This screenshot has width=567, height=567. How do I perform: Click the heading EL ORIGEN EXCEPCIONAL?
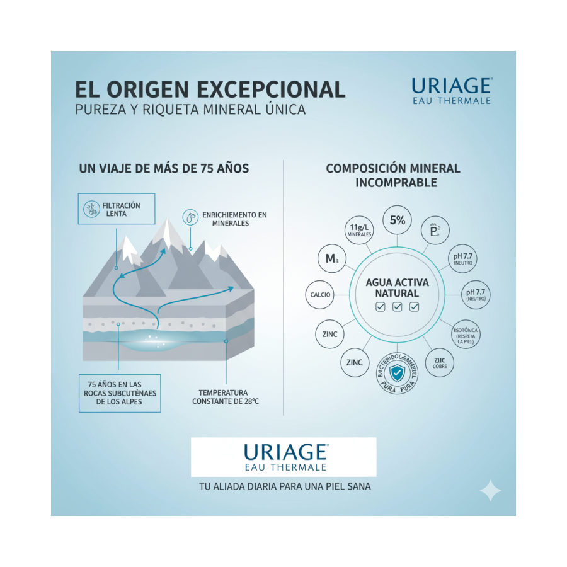(210, 89)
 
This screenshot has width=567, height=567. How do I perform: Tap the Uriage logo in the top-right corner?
(451, 91)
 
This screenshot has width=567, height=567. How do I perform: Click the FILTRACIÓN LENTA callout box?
(117, 209)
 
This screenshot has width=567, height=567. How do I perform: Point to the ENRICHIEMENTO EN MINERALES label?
(234, 219)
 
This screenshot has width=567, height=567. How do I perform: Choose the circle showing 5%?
(397, 220)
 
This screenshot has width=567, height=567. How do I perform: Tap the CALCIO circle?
(321, 295)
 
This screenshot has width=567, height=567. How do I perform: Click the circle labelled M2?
(331, 258)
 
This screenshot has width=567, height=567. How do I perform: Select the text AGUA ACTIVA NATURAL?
(397, 288)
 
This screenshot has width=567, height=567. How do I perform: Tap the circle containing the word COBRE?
(439, 363)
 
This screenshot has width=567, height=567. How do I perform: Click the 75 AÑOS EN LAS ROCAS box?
(120, 393)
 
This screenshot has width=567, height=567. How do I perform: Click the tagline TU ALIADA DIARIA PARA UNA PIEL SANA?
(283, 486)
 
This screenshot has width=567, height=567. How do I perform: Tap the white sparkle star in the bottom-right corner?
(490, 491)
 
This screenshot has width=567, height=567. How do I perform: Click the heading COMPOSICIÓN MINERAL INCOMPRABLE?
(392, 176)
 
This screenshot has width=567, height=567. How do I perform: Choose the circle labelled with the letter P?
(434, 231)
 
